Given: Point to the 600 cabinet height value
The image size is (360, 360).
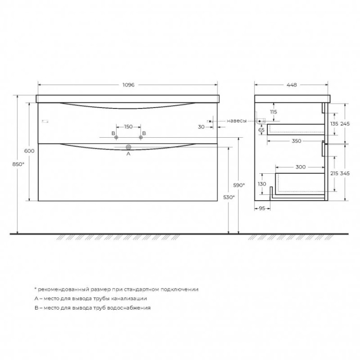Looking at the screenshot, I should [29, 151].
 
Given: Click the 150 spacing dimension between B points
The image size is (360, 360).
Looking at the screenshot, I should [128, 127].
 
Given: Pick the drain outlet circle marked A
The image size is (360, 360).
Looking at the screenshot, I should [128, 147].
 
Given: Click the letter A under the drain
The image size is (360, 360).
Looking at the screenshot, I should [128, 155].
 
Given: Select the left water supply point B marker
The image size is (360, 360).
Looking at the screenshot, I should [116, 138].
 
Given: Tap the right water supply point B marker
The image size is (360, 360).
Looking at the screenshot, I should [141, 138].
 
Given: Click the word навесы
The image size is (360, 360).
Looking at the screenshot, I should [237, 120].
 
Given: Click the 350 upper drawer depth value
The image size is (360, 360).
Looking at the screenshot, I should [296, 141].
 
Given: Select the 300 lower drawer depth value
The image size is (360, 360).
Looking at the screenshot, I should [300, 167].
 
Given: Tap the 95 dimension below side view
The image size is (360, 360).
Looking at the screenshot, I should [262, 208].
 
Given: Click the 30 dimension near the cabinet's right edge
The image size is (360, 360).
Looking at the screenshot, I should [201, 127].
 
